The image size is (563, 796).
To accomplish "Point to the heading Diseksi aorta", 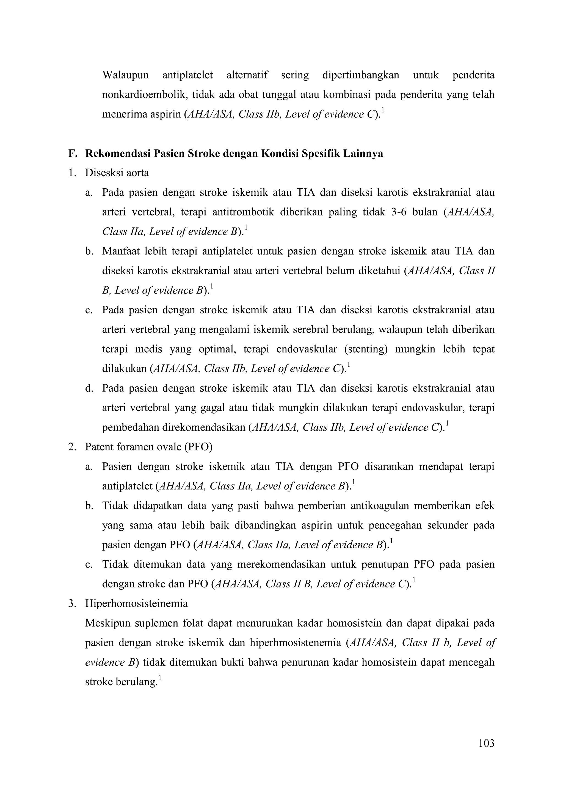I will (x=117, y=173).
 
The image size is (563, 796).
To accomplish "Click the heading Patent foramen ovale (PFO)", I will (x=149, y=447).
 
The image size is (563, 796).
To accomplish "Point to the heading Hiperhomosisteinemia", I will (x=136, y=604).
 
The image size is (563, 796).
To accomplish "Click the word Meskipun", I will (x=107, y=623).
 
